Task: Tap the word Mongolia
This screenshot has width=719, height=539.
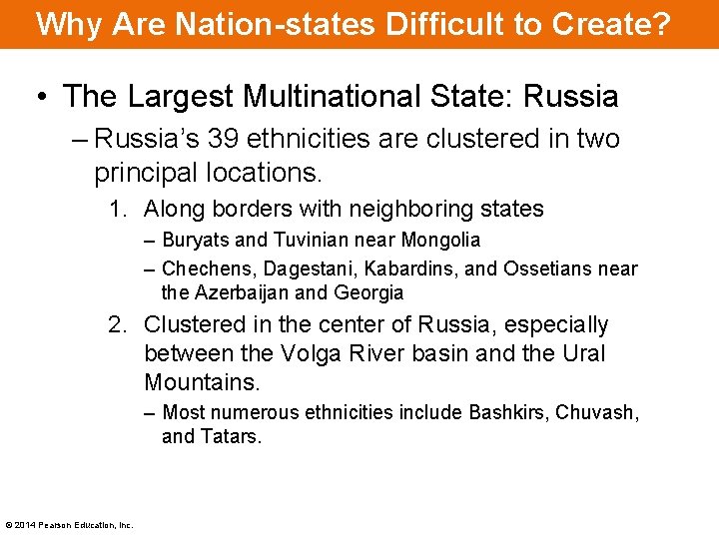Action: tap(440, 240)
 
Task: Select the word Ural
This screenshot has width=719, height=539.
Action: tap(581, 353)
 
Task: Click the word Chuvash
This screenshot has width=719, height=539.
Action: tap(597, 412)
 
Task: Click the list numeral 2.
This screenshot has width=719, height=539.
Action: tap(116, 324)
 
